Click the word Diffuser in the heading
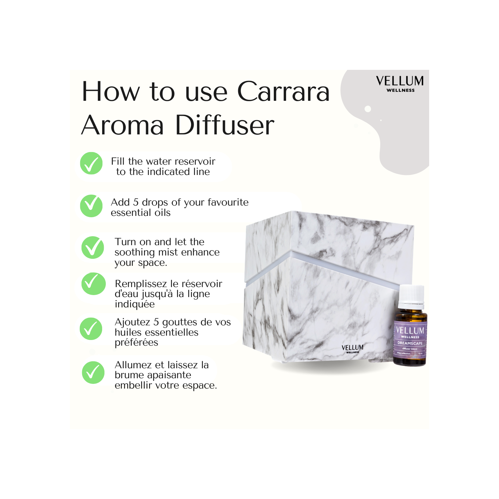225,125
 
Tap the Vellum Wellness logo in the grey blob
400,83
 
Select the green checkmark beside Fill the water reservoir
91,163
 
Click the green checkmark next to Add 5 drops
91,206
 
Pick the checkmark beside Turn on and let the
93,248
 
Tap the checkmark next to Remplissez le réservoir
93,284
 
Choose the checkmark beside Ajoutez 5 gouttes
91,329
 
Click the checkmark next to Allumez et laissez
93,372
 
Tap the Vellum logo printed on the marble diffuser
352,348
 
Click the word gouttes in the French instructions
180,322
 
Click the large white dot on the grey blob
368,109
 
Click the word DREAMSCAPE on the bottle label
410,343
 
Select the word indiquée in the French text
134,304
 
